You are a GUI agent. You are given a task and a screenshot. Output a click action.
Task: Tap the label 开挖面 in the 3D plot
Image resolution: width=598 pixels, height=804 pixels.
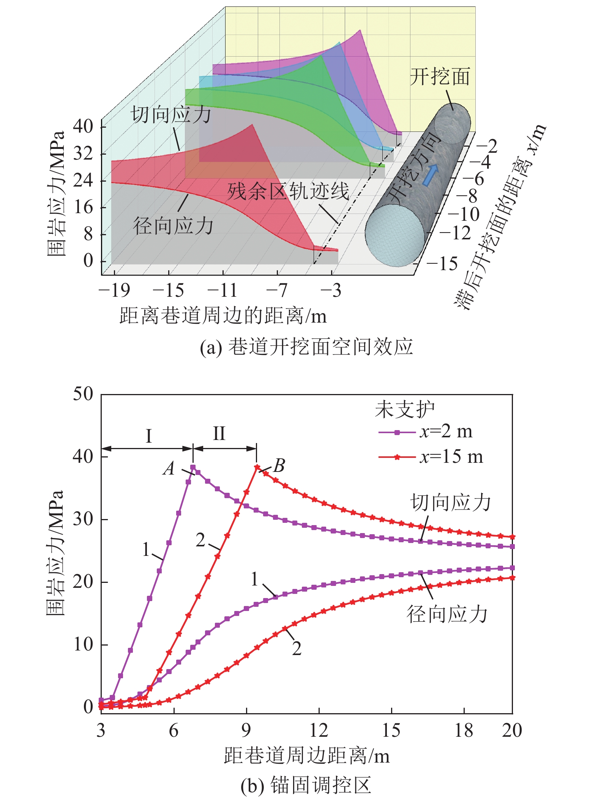440,77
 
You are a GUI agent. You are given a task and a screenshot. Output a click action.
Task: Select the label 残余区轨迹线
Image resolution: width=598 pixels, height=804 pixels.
288,191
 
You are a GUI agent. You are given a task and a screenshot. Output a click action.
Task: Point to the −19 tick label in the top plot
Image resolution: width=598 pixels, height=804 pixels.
114,291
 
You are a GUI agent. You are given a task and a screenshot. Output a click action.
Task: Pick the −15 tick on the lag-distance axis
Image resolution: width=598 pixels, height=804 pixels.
442,263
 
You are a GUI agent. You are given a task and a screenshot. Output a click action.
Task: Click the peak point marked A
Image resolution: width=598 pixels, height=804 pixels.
193,467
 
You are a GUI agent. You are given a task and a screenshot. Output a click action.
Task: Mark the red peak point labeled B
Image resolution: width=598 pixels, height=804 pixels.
257,467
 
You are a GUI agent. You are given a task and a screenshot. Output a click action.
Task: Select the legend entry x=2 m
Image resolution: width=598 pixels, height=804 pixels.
425,432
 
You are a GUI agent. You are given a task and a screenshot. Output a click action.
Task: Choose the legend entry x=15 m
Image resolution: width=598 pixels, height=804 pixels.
431,457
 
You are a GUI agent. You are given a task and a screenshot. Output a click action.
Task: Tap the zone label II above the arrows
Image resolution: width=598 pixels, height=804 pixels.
219,434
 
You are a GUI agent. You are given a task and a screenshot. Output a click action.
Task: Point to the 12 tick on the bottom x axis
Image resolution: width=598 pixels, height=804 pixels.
319,731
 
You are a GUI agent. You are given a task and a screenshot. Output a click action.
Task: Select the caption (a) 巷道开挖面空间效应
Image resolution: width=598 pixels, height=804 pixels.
306,347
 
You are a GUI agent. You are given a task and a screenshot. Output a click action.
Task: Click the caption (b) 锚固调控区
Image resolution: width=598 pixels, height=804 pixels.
306,785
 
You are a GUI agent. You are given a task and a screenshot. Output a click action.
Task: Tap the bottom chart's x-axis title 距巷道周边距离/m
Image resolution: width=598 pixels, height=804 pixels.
307,756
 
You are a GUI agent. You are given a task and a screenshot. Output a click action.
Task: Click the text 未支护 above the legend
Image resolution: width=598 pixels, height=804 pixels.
405,410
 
